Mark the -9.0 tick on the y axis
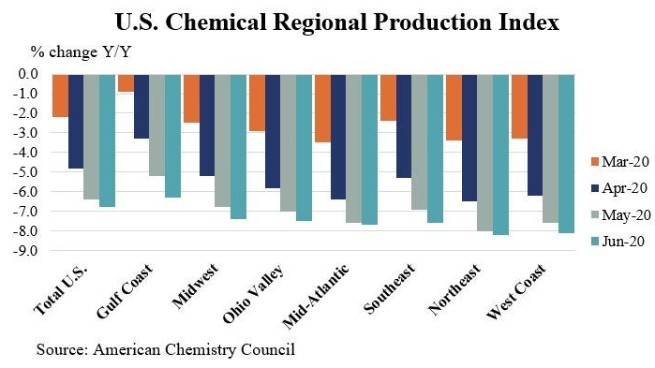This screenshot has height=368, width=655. [x=24, y=251]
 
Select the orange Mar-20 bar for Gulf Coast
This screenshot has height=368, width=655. [x=126, y=83]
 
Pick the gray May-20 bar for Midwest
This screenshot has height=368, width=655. [x=223, y=140]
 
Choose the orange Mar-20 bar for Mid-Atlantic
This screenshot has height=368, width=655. [x=321, y=108]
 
